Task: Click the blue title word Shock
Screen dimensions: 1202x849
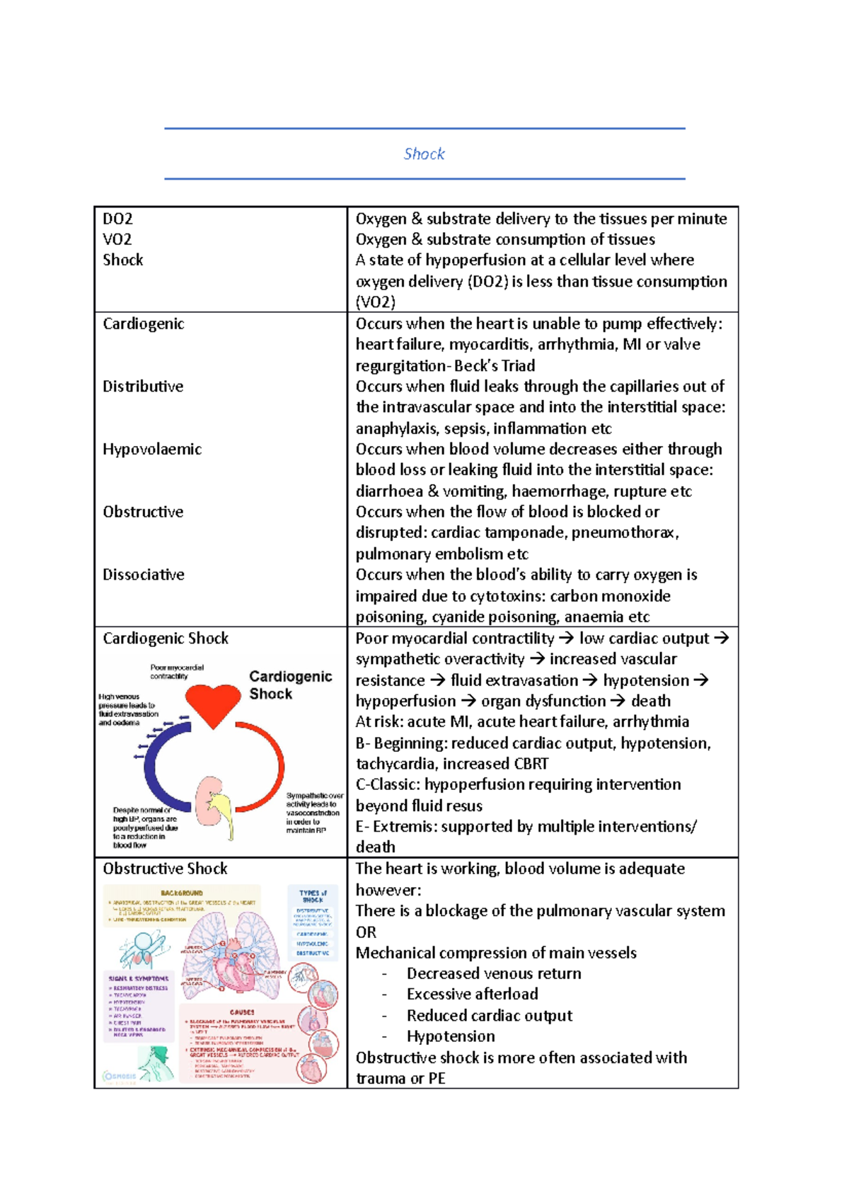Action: pyautogui.click(x=424, y=154)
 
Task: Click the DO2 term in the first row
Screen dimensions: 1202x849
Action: pyautogui.click(x=117, y=219)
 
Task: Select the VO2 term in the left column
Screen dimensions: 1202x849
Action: pyautogui.click(x=117, y=239)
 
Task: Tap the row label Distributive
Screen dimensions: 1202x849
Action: pyautogui.click(x=143, y=387)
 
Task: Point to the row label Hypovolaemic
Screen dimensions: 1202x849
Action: pyautogui.click(x=152, y=449)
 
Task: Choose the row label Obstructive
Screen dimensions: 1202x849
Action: pyautogui.click(x=143, y=512)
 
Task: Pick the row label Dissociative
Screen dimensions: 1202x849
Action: pyautogui.click(x=144, y=575)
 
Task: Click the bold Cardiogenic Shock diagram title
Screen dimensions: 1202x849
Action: pyautogui.click(x=290, y=685)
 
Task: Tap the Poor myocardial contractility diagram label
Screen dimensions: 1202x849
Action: pyautogui.click(x=177, y=671)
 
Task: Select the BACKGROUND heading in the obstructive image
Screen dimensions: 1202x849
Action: pyautogui.click(x=182, y=893)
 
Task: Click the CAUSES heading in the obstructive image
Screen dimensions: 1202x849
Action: pyautogui.click(x=242, y=1012)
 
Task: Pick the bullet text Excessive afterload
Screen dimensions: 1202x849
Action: pyautogui.click(x=472, y=995)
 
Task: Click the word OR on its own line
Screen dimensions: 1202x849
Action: pyautogui.click(x=366, y=932)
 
